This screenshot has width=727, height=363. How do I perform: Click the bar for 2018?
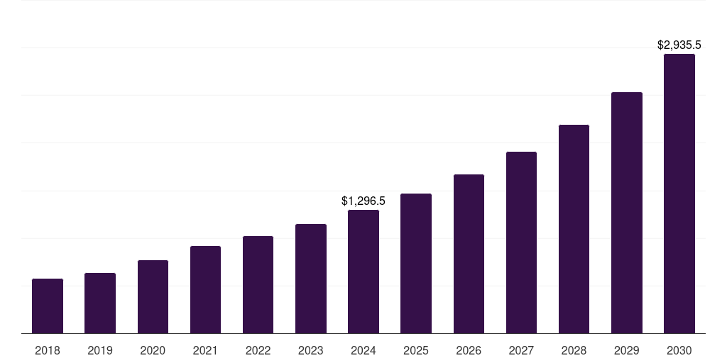(48, 306)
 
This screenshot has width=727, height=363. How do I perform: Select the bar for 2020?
(153, 297)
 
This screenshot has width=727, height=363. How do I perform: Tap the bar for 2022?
(258, 285)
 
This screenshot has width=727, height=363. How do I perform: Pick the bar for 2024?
(363, 272)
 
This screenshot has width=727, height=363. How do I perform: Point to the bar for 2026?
(469, 254)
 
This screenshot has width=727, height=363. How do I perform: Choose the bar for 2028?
(574, 229)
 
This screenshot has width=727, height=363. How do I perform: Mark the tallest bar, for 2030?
(679, 194)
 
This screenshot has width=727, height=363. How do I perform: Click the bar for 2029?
(627, 213)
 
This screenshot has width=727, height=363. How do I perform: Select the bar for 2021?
(205, 290)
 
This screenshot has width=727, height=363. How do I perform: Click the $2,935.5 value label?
(679, 45)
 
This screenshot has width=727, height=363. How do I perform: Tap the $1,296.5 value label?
(363, 201)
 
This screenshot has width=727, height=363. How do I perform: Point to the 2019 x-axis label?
(100, 350)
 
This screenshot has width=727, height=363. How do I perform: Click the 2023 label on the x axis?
(310, 350)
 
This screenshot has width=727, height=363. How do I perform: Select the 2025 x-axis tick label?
(416, 350)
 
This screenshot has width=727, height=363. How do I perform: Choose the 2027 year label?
(521, 350)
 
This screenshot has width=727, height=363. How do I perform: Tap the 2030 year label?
(679, 350)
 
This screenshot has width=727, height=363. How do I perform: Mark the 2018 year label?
(48, 350)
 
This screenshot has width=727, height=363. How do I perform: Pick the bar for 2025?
(416, 264)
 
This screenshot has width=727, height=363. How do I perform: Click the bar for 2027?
(521, 242)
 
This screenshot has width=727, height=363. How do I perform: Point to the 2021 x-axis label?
(205, 350)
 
